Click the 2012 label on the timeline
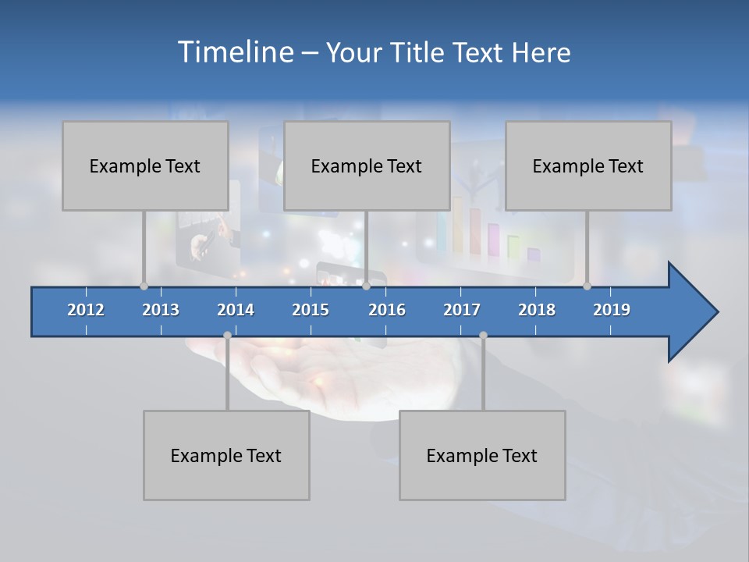(86, 310)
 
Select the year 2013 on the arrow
(161, 310)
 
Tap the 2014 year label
(236, 310)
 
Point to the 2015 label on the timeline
(311, 310)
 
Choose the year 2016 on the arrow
(387, 310)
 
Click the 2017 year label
(462, 310)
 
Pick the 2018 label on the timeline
(537, 310)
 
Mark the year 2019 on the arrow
(612, 310)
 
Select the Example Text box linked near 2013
(145, 165)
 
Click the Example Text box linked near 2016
(367, 165)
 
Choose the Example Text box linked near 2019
(588, 165)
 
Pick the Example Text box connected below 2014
(226, 455)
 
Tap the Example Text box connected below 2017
(482, 455)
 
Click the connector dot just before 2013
(144, 286)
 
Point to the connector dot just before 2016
(366, 286)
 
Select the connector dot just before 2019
(587, 286)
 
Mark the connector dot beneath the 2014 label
(227, 335)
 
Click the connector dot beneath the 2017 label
(483, 335)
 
